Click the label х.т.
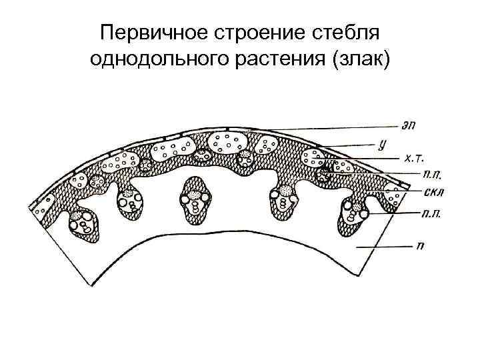[415, 158]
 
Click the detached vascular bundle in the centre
[194, 197]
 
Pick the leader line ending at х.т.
[363, 159]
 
